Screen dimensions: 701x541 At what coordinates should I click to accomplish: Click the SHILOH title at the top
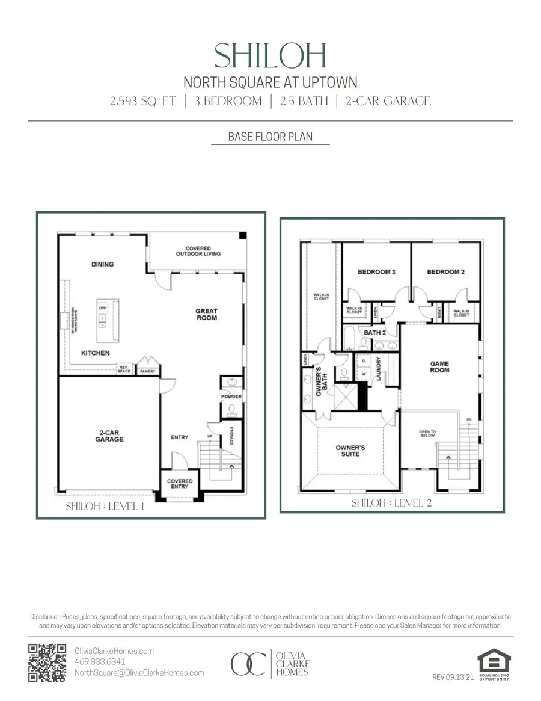point(270,56)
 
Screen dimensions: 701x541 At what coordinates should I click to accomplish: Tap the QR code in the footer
point(47,662)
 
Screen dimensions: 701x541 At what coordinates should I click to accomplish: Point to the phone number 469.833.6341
point(100,662)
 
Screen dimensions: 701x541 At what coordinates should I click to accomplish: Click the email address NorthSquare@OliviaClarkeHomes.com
point(139,673)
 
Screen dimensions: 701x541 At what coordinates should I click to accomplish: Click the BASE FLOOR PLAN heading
point(270,137)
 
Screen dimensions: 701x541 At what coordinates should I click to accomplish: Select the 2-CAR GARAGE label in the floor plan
point(109,436)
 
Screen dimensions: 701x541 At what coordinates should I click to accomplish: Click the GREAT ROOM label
point(206,314)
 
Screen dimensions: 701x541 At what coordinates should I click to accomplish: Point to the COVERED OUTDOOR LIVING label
point(198,251)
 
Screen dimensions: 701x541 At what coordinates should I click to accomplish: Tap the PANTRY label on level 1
point(147,371)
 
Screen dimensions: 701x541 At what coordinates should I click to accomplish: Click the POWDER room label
point(231,397)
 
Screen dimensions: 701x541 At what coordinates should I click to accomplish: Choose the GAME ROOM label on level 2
point(439,367)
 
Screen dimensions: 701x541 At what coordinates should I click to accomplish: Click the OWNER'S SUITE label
point(350,451)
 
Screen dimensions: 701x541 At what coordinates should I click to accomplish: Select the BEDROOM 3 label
point(376,272)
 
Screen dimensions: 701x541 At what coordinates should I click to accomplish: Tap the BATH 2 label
point(374,332)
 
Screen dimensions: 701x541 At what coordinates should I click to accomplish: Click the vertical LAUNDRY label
point(379,370)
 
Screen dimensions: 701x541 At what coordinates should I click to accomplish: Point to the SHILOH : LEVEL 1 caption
point(105,507)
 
